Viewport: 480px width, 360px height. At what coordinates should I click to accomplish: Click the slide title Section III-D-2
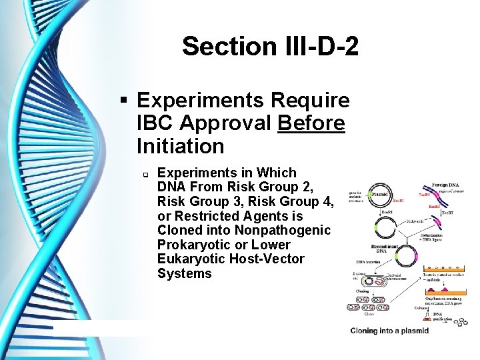tap(270, 47)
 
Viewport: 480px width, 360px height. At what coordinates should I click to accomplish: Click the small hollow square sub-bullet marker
tap(143, 174)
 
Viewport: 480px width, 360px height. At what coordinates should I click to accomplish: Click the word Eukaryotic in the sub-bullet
tap(195, 259)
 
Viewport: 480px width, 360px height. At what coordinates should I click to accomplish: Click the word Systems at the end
tap(184, 274)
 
